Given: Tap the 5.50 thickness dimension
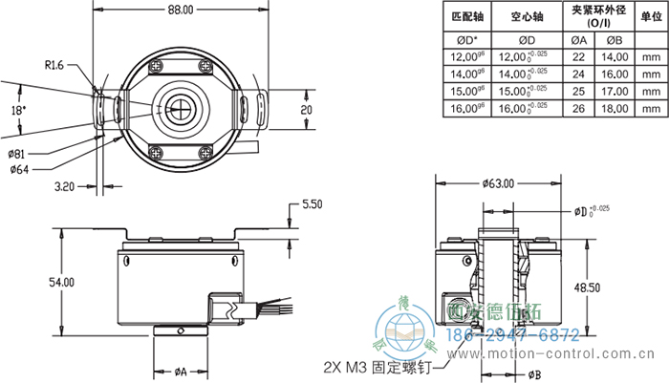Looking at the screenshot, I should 313,204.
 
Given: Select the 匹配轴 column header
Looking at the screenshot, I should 465,17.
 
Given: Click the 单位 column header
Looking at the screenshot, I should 651,17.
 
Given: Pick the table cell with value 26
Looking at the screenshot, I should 578,109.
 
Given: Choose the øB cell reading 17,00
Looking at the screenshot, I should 614,92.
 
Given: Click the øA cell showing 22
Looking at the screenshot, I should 578,57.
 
